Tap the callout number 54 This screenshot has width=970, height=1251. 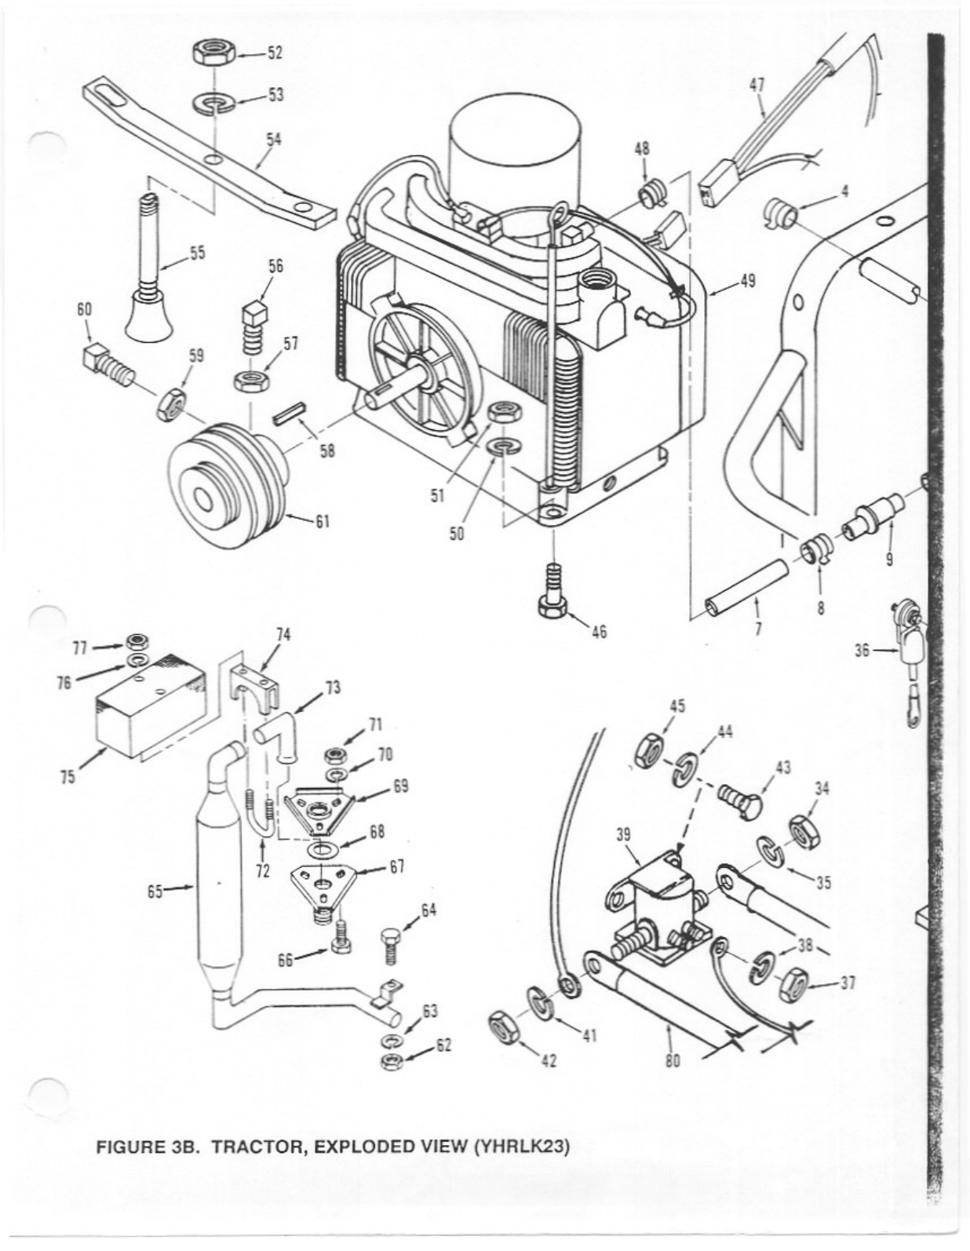pyautogui.click(x=273, y=139)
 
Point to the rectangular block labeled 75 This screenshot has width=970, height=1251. pyautogui.click(x=149, y=706)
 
